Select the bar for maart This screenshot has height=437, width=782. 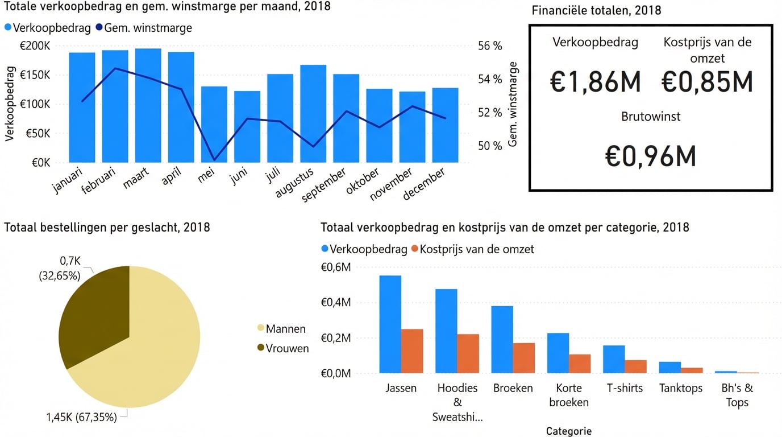[x=148, y=105]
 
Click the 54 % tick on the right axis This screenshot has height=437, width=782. [x=489, y=79]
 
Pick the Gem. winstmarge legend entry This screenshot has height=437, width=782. [x=144, y=28]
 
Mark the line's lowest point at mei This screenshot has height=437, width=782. [x=214, y=160]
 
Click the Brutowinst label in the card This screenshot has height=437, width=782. [x=651, y=117]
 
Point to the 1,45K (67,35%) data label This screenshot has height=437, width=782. [x=81, y=417]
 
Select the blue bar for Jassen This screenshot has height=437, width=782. [x=390, y=324]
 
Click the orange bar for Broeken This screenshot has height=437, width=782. [x=524, y=358]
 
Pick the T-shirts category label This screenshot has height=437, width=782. [x=625, y=388]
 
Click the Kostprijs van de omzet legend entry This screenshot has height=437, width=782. [x=472, y=249]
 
